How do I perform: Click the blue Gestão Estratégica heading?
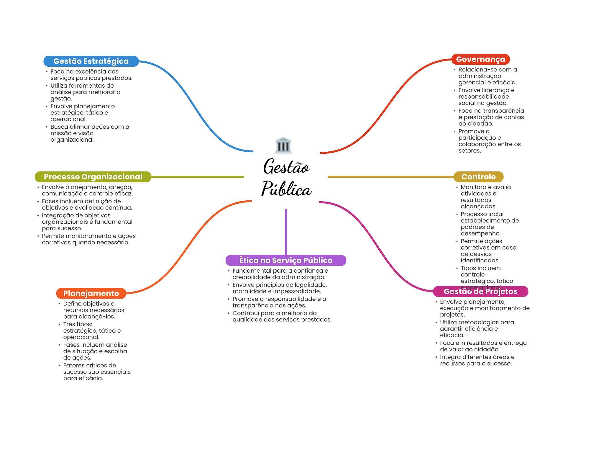tap(91, 61)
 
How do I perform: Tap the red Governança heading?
tap(480, 59)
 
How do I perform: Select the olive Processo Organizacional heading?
tap(93, 177)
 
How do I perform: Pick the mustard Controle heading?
tap(478, 177)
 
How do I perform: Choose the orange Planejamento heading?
tap(91, 293)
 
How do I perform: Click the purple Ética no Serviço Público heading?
tap(285, 260)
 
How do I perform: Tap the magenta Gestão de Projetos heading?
tap(480, 292)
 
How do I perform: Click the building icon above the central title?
tap(283, 145)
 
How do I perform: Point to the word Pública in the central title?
tap(286, 189)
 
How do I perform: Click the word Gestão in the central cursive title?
tap(286, 166)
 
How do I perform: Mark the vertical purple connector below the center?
tap(286, 232)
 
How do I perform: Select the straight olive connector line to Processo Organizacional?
tap(198, 177)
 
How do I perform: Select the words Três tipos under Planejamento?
tap(78, 324)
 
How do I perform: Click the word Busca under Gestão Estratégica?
tap(59, 127)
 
